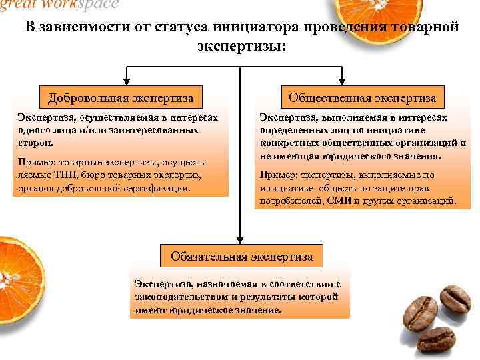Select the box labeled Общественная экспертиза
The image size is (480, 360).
(362, 99)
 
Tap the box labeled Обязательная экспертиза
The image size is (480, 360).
(242, 255)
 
